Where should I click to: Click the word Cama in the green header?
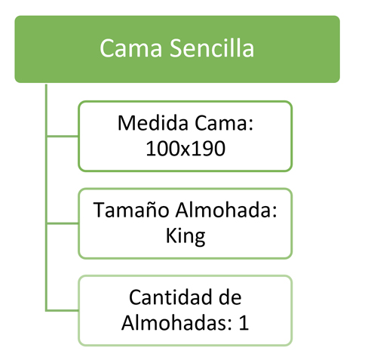pyautogui.click(x=130, y=48)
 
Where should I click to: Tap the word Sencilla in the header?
pyautogui.click(x=212, y=48)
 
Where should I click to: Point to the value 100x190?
pyautogui.click(x=185, y=149)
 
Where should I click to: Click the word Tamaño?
pyautogui.click(x=131, y=210)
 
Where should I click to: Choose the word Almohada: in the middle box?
pyautogui.click(x=226, y=210)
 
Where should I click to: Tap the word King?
pyautogui.click(x=185, y=236)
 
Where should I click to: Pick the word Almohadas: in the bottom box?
pyautogui.click(x=176, y=322)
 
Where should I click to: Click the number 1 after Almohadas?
pyautogui.click(x=244, y=322)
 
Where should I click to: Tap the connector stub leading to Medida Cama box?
pyautogui.click(x=63, y=137)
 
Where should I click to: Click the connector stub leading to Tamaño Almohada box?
pyautogui.click(x=63, y=223)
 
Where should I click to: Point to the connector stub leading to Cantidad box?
pyautogui.click(x=63, y=310)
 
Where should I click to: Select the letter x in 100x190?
pyautogui.click(x=185, y=150)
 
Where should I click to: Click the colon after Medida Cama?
pyautogui.click(x=250, y=125)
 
